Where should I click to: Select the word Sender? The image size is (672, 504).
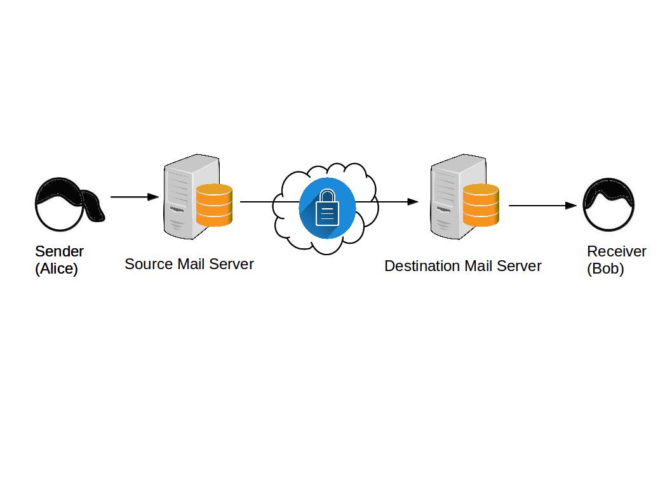click(59, 251)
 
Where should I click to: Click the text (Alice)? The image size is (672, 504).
click(57, 269)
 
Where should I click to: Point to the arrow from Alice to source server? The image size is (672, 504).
click(134, 197)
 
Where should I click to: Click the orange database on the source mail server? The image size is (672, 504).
click(215, 204)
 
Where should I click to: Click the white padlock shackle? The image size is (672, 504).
click(326, 196)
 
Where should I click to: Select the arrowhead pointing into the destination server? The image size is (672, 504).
click(413, 202)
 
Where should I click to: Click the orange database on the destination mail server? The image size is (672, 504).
click(481, 204)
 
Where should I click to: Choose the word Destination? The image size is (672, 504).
click(420, 266)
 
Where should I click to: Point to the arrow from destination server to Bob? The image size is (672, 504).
click(542, 206)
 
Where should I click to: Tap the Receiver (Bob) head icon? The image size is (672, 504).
click(608, 204)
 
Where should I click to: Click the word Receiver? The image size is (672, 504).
click(616, 251)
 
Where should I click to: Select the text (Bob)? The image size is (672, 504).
click(605, 269)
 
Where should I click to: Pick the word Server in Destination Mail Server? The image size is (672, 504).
click(520, 266)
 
